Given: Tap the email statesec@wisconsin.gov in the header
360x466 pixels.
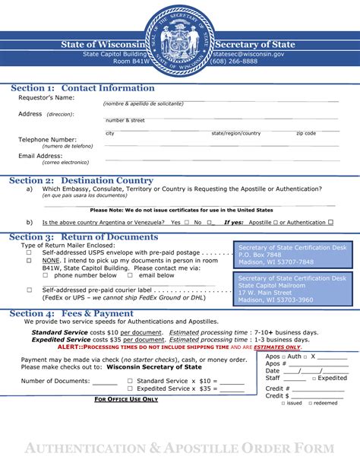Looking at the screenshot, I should click(249, 55).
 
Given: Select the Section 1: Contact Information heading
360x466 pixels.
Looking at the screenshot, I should click(83, 88).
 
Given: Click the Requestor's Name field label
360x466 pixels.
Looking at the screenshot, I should click(46, 98).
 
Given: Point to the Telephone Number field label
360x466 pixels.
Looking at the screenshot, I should click(47, 140).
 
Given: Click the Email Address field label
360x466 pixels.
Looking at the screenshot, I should click(39, 156).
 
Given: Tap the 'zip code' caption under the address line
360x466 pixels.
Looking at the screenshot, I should click(306, 134).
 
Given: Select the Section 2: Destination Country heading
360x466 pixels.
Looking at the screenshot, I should click(81, 180).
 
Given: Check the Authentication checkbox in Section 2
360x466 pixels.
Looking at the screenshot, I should click(330, 223).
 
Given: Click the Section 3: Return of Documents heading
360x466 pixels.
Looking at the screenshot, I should click(84, 237).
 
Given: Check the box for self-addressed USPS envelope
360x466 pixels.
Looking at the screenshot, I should click(30, 253).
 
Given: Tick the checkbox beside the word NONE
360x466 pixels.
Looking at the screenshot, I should click(30, 261).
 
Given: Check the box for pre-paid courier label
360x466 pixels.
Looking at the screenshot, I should click(30, 290).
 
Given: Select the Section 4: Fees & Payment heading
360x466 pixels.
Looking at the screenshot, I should click(72, 313).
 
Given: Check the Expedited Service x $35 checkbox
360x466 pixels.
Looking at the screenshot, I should click(131, 388).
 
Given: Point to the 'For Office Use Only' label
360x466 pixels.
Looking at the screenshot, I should click(126, 399).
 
